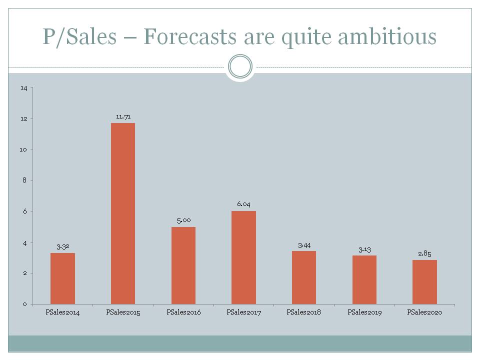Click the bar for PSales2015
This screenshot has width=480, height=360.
point(122,213)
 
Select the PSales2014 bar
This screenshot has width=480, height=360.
point(62,278)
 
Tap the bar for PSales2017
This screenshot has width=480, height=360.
point(243,257)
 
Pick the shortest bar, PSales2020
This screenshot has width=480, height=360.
point(424,282)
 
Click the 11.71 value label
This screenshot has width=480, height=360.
point(123,116)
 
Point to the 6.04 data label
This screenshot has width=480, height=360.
point(243,204)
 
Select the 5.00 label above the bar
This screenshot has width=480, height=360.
point(183,220)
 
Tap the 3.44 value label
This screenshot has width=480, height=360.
point(304,245)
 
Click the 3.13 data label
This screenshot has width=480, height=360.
point(364,249)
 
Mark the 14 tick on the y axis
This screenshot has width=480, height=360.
point(24,88)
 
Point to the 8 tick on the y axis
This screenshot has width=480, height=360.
point(24,180)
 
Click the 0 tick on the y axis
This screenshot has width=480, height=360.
point(25,304)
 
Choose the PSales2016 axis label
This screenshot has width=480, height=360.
point(183,312)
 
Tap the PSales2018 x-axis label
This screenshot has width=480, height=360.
point(304,312)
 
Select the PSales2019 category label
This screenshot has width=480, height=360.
point(364,312)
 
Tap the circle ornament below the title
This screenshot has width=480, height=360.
point(240,66)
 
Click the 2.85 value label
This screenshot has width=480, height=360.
point(424,253)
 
